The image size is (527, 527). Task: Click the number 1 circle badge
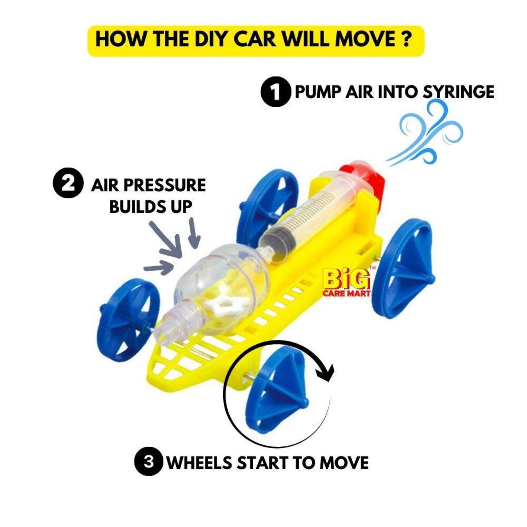[x=275, y=92]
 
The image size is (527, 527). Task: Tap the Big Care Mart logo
[x=346, y=283]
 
